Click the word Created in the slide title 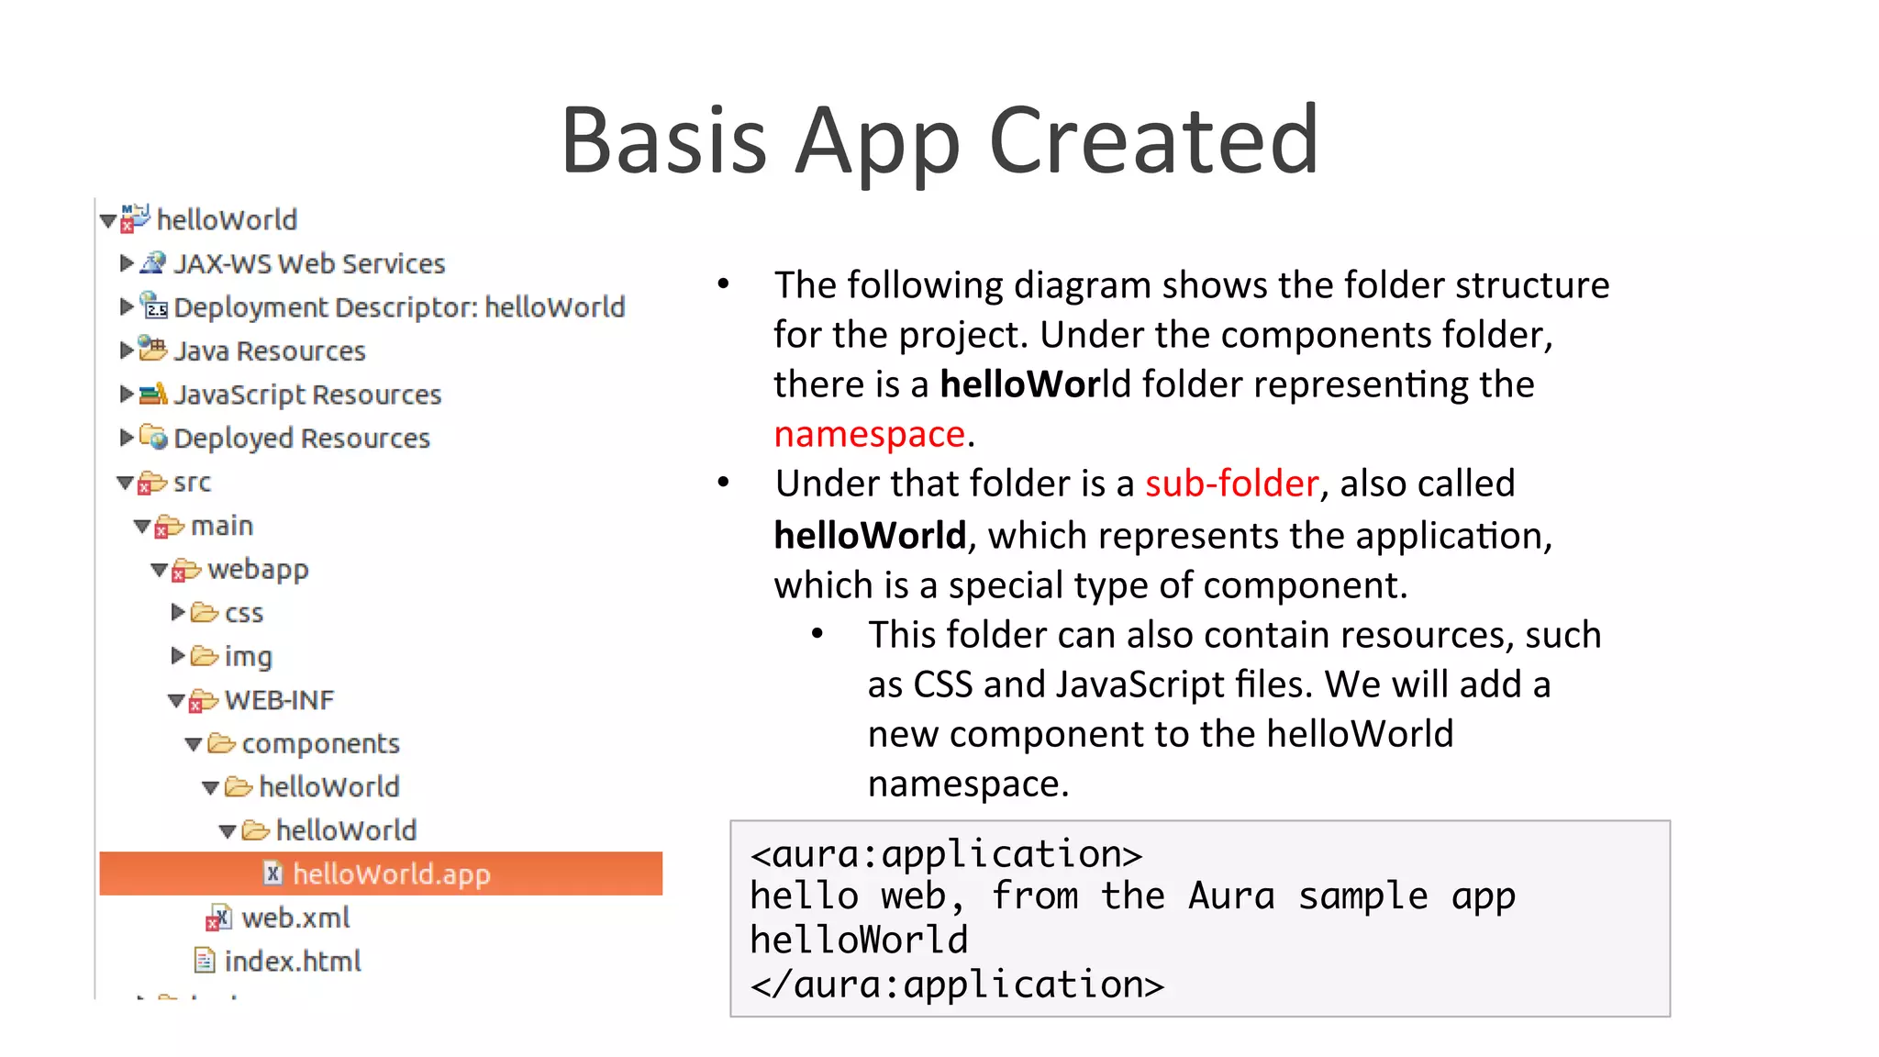click(1153, 140)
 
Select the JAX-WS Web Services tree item click(308, 264)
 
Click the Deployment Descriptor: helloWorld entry click(398, 307)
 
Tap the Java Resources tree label click(269, 351)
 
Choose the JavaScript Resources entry click(307, 395)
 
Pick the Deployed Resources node click(301, 439)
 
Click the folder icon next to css click(204, 612)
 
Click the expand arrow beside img click(178, 655)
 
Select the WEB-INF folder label click(279, 700)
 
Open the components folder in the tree click(319, 743)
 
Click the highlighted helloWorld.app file click(391, 874)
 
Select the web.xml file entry click(295, 918)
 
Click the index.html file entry click(292, 962)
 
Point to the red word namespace click(869, 434)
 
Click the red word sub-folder click(1231, 484)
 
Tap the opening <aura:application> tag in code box click(946, 854)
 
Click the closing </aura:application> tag click(957, 985)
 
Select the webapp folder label click(258, 570)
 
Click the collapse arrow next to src click(126, 483)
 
